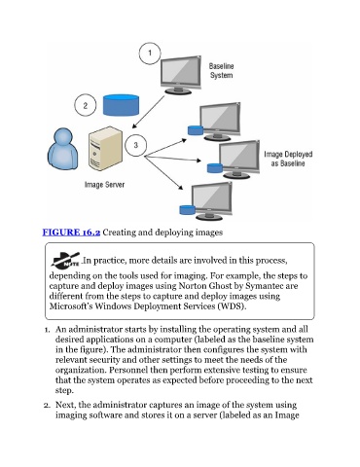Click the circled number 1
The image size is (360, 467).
[x=150, y=54]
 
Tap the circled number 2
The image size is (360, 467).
[x=86, y=105]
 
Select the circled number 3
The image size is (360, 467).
[x=135, y=145]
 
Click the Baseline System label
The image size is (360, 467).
[x=222, y=71]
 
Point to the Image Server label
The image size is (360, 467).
[x=104, y=185]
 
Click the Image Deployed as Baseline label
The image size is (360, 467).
[x=288, y=159]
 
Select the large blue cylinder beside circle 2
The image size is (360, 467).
[x=121, y=105]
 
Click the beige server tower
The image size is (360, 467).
[x=106, y=149]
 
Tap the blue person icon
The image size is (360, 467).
[x=63, y=149]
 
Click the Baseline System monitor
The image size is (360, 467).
[x=181, y=75]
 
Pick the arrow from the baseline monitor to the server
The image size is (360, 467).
[x=149, y=112]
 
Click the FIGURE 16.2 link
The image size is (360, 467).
[x=71, y=233]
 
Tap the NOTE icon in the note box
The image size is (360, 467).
[x=65, y=261]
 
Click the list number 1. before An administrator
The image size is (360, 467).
[x=48, y=330]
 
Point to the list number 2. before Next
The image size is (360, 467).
[x=48, y=406]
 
